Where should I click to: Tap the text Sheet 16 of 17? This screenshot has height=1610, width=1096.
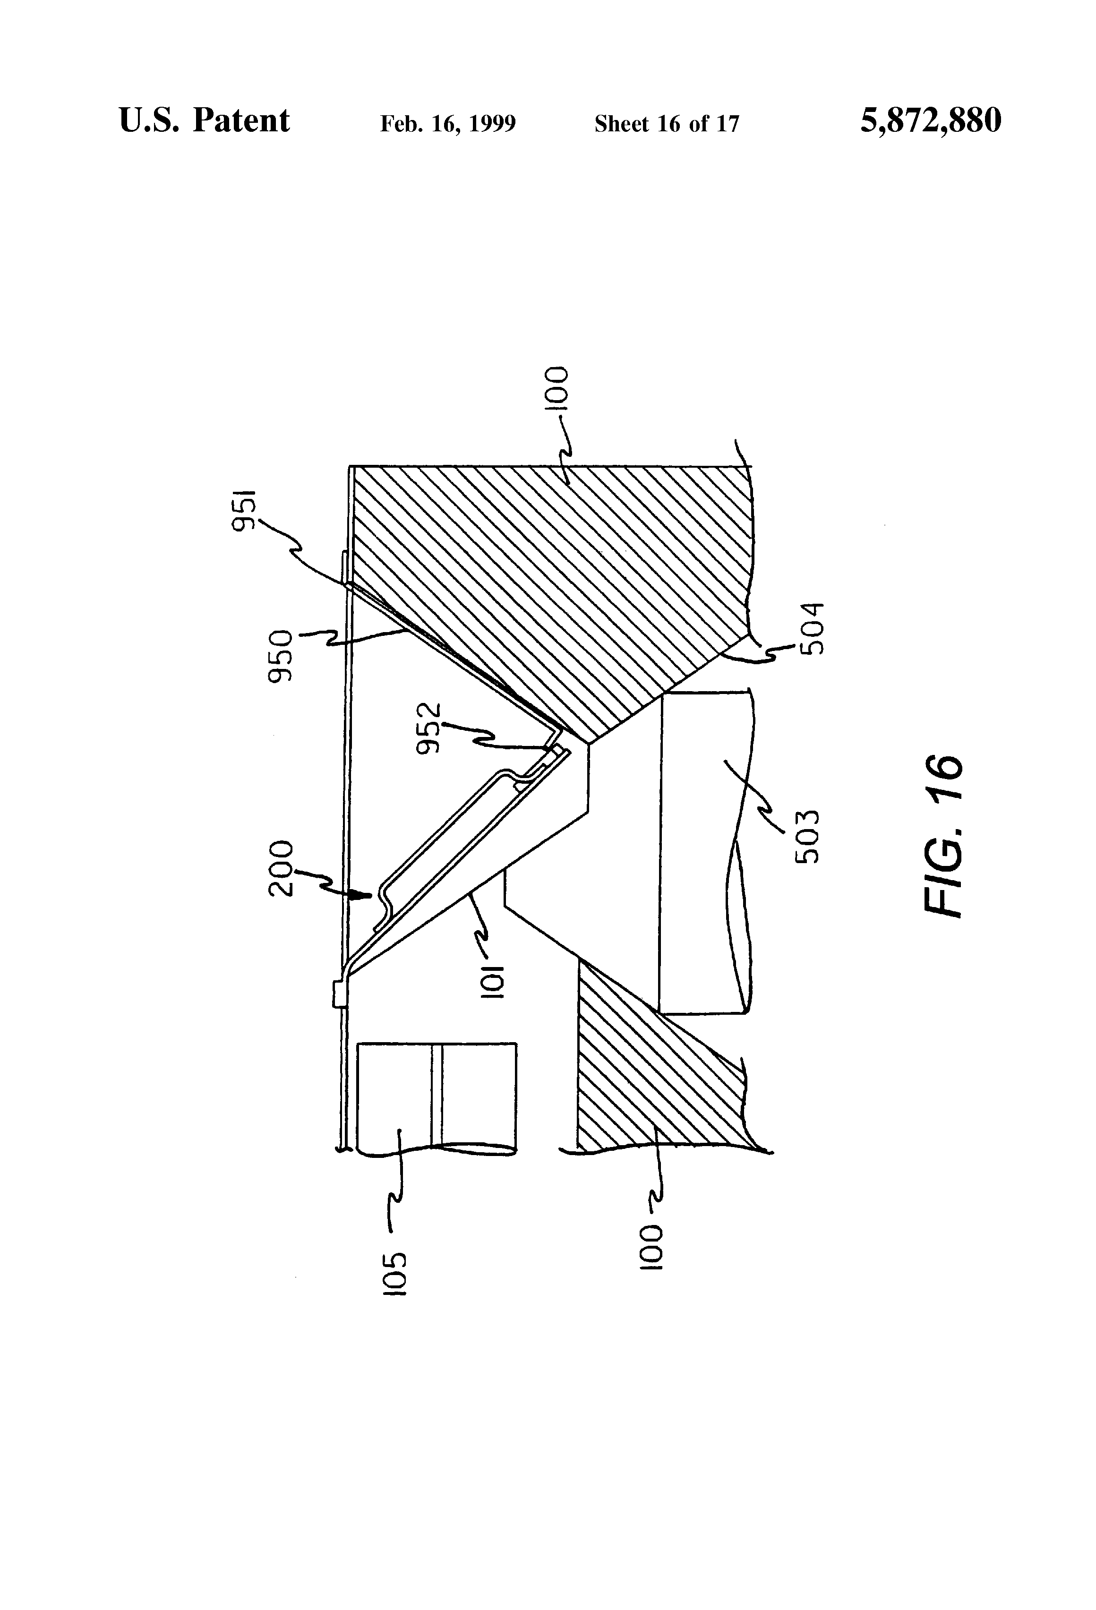click(x=667, y=124)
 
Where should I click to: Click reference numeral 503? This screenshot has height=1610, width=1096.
click(x=806, y=836)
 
